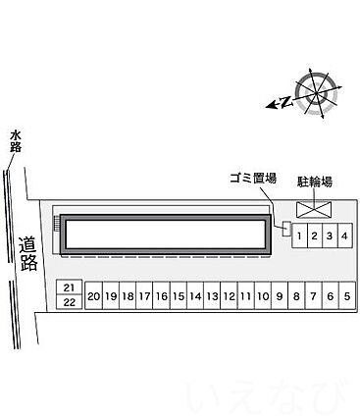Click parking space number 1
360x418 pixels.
299,235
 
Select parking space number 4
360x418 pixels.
344,235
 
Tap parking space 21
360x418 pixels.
69,287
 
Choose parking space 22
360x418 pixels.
69,302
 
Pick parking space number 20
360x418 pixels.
94,295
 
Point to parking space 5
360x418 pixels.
347,295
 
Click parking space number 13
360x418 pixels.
212,295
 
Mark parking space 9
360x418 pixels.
280,295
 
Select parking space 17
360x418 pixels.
144,295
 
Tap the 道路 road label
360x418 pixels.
28,253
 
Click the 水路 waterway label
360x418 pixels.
16,141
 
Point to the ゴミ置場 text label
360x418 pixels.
253,179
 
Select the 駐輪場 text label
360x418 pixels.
315,182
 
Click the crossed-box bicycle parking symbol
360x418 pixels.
314,209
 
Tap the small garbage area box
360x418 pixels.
286,229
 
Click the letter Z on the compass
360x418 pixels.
286,102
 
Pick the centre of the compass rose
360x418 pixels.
316,94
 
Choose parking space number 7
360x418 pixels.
313,295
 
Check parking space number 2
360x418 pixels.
315,235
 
